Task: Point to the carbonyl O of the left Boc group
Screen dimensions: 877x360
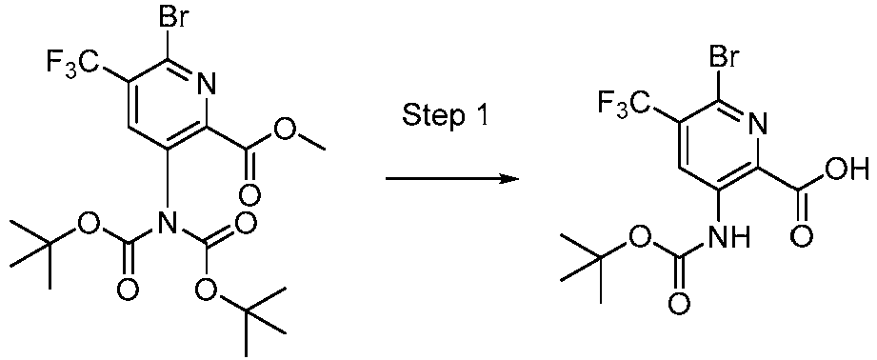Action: [x=128, y=286]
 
